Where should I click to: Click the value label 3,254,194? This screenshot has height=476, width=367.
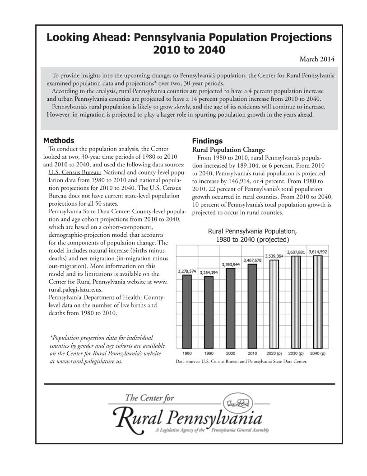click(209, 273)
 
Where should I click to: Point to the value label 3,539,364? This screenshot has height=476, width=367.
click(274, 256)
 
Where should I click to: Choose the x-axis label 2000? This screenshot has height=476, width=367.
click(231, 353)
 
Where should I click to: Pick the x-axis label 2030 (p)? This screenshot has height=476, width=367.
click(296, 353)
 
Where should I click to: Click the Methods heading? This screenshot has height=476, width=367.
click(59, 141)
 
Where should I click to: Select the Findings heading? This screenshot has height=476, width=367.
click(207, 141)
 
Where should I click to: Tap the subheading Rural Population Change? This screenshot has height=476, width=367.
click(228, 150)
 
